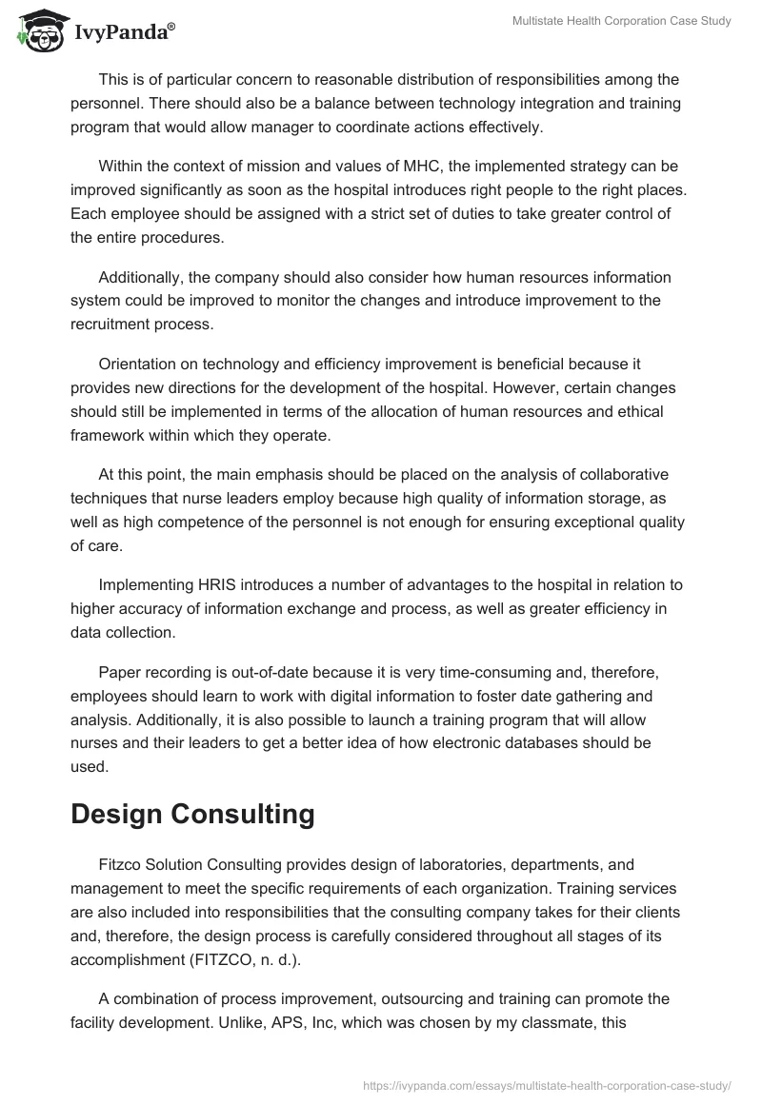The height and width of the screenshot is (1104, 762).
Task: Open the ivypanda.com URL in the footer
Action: tap(547, 1084)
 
